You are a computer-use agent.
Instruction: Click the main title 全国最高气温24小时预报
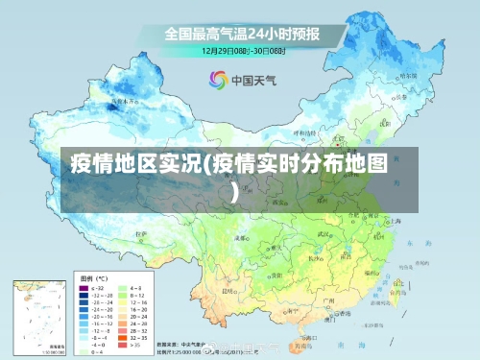241,34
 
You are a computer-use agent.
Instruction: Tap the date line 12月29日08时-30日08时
241,50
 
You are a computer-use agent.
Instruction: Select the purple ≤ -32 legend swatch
84,287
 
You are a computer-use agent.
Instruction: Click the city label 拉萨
141,233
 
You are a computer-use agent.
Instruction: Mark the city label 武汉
325,233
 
